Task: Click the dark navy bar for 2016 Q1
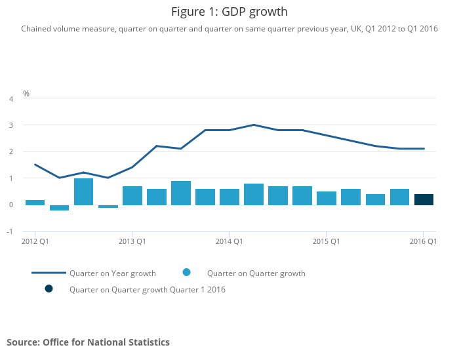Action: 424,199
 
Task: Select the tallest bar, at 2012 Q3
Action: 83,191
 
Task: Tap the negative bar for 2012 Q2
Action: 59,207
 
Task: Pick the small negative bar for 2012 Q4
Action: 108,206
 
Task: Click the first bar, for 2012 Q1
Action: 35,202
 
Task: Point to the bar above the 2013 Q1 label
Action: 132,195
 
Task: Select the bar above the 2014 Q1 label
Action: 229,197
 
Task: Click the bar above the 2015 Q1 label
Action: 326,198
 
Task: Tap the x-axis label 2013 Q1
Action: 132,241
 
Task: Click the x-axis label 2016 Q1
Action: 424,241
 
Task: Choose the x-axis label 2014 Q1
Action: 229,241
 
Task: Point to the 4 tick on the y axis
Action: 10,99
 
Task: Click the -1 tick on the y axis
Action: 9,231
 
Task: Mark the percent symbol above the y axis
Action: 26,94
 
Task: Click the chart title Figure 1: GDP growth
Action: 229,12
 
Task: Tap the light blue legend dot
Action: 186,273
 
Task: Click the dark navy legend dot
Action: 49,289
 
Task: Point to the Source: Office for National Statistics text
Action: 88,342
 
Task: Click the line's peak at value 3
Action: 253,125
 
